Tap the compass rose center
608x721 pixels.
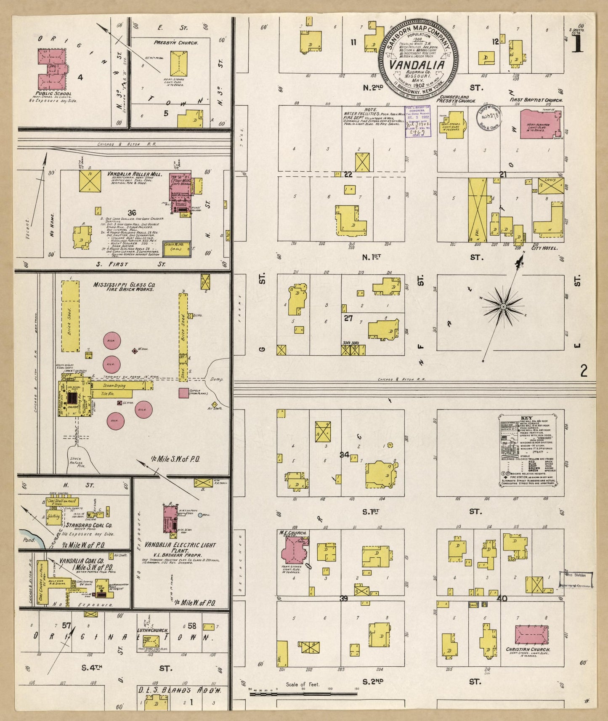coord(503,308)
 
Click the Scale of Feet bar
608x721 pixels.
coord(303,693)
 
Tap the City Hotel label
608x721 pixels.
coord(545,248)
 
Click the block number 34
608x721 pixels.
coord(345,454)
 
